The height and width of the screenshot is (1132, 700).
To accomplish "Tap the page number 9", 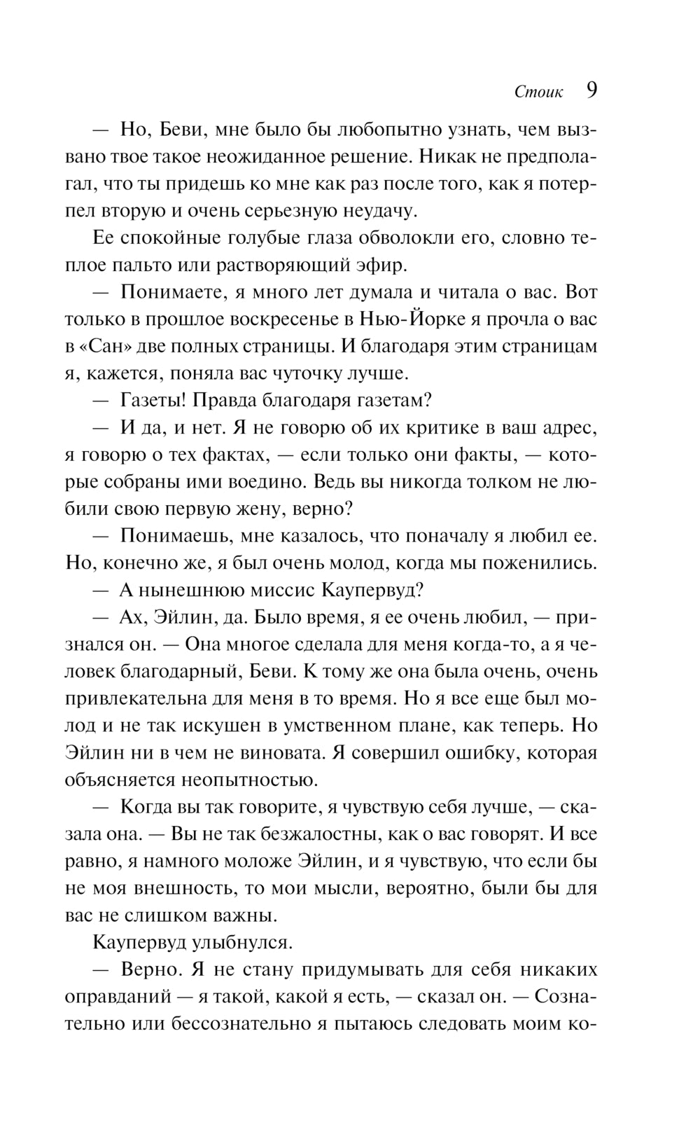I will pyautogui.click(x=591, y=91).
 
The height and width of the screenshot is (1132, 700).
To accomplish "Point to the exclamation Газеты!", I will pyautogui.click(x=154, y=401).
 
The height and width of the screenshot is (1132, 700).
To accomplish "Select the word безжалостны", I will pyautogui.click(x=325, y=834).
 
